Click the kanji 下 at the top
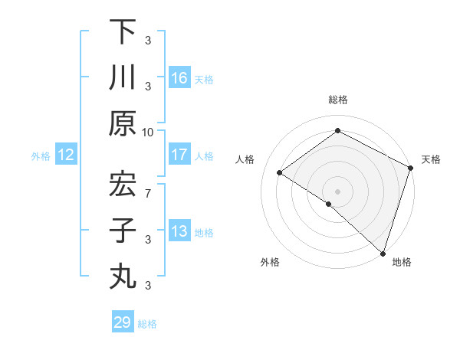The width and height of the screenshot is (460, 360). pos(123,31)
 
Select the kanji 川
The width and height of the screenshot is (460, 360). pos(123,77)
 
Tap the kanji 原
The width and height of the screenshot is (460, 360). pos(123,123)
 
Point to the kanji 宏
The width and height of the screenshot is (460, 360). pos(123,185)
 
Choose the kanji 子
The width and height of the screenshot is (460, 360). pos(123,231)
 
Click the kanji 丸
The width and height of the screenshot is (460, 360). pos(123,277)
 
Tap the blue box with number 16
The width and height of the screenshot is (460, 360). pos(179,78)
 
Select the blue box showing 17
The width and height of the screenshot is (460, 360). pos(179,155)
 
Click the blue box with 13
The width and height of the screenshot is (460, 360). pos(179,231)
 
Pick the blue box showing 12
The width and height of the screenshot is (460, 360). pos(66,155)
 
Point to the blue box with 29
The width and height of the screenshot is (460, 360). pos(123,322)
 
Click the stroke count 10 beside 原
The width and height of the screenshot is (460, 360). pos(148,132)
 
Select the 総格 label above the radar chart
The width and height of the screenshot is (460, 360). pos(337,100)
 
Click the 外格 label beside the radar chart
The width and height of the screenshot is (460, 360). pos(270,262)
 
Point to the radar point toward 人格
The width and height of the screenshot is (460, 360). pos(280,173)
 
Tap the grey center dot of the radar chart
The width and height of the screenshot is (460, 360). pos(337,191)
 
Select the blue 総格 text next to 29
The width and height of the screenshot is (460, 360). pos(148,324)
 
